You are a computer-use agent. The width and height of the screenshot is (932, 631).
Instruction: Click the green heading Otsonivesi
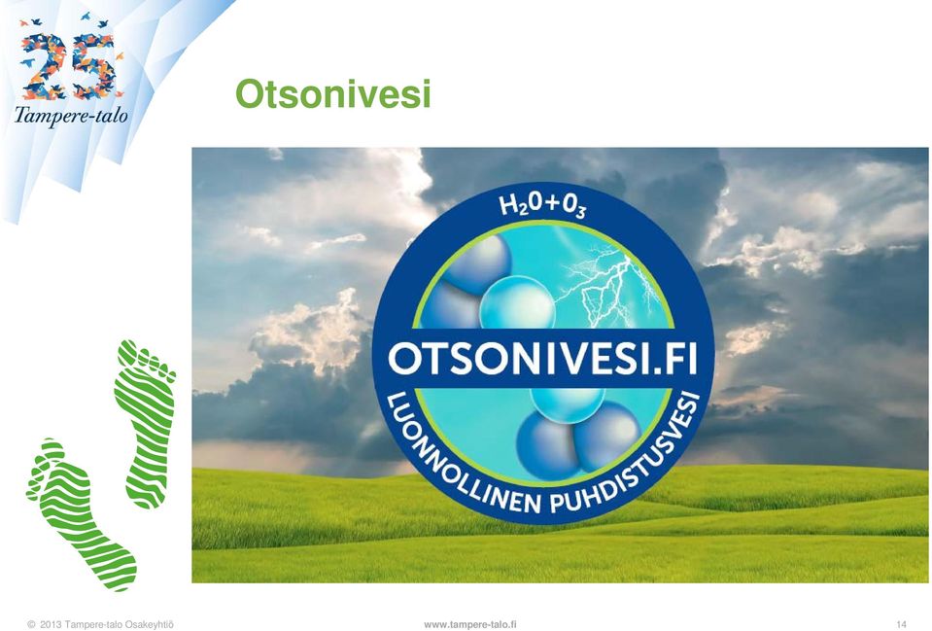(x=332, y=94)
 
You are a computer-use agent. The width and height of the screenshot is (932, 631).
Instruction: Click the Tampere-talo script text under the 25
(x=71, y=115)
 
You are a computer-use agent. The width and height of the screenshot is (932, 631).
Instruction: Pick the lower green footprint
(x=81, y=514)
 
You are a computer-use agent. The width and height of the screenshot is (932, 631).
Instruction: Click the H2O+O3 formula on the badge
(x=542, y=206)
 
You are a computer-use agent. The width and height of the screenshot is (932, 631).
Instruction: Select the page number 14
(x=902, y=624)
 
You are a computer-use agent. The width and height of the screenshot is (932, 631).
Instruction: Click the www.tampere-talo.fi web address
(x=470, y=624)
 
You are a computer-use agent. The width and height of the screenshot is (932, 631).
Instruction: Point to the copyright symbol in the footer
(x=31, y=624)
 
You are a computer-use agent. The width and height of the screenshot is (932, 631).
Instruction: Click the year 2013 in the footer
(x=51, y=624)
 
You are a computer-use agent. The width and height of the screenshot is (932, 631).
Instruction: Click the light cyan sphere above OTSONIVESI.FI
(x=516, y=303)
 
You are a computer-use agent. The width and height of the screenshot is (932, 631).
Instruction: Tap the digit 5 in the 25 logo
(x=98, y=65)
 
